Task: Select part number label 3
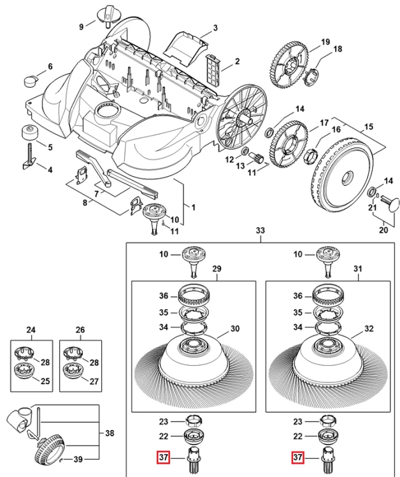(x=215, y=28)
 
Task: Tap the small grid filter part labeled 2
(x=213, y=69)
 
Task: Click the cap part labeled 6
(x=31, y=81)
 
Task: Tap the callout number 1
(x=193, y=207)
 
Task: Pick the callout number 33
(x=261, y=230)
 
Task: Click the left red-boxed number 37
(x=163, y=457)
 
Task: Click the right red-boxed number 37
(x=297, y=457)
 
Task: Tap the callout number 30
(x=235, y=329)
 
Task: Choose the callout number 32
(x=369, y=329)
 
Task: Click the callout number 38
(x=110, y=433)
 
